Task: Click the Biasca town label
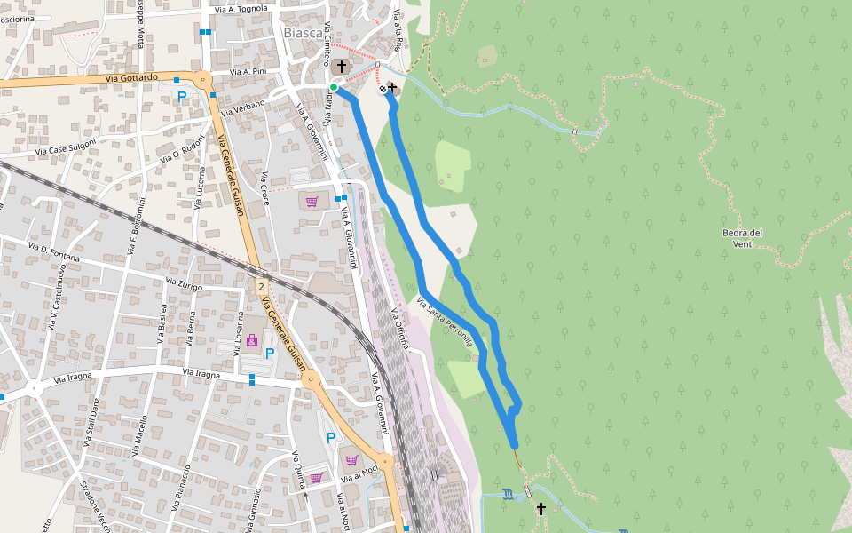tap(302, 33)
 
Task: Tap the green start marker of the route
tap(334, 86)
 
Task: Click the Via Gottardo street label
tap(131, 78)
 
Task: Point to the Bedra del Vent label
tap(743, 238)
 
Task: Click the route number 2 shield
tap(262, 287)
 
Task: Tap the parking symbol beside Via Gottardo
tap(182, 96)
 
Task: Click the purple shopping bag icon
tap(252, 339)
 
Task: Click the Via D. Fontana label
tap(53, 251)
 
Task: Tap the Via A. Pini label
tap(248, 71)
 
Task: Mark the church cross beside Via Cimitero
tap(342, 66)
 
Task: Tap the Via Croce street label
tap(264, 187)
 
